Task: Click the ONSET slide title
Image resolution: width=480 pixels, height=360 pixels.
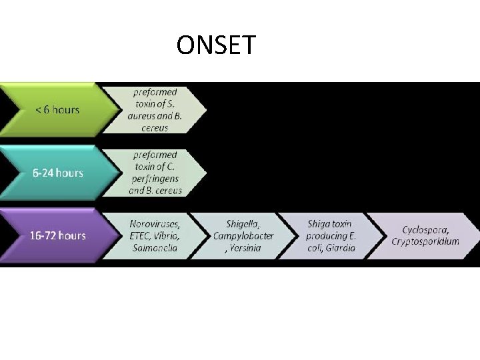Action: point(216,45)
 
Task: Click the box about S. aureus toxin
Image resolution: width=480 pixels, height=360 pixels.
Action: point(155,110)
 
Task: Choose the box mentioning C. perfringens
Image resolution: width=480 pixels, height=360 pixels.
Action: point(155,173)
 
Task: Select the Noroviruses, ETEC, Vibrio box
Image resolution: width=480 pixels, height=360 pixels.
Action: point(155,236)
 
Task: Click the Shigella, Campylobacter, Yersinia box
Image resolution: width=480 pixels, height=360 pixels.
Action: point(243,236)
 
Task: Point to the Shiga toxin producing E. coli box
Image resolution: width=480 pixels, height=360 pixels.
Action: point(331,236)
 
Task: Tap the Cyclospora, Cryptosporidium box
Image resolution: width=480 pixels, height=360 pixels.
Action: point(424,236)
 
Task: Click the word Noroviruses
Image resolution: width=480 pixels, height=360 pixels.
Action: point(155,224)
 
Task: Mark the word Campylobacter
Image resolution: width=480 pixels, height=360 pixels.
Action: point(243,236)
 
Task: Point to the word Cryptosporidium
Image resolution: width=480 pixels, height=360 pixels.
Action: point(425,241)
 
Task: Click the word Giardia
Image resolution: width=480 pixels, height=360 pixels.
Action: point(340,247)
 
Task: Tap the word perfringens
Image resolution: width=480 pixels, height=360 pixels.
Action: point(155,179)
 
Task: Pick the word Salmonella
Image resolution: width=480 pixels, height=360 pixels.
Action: point(155,247)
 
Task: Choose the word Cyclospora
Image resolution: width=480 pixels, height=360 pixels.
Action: point(425,229)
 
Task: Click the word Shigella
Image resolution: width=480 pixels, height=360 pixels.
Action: point(243,224)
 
